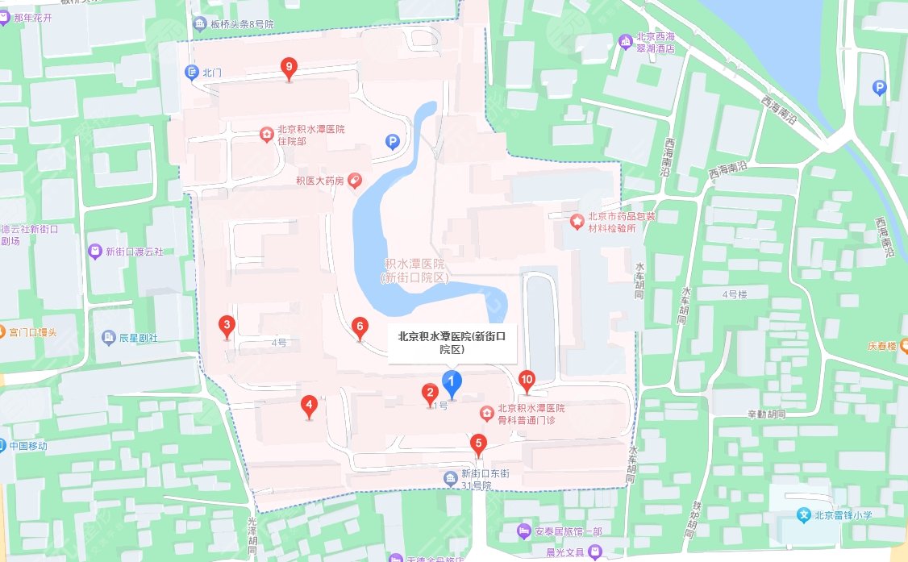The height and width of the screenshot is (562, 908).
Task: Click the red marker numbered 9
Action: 288,69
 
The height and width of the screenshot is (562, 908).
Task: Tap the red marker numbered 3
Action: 227,327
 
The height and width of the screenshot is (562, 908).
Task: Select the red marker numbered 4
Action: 308,406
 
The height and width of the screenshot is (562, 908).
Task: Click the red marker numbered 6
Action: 360,327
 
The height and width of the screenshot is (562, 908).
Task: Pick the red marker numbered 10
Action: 527,379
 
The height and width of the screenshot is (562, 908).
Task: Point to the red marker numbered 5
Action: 479,443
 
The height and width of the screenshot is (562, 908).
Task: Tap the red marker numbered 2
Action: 431,393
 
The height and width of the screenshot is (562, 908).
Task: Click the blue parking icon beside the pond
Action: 393,142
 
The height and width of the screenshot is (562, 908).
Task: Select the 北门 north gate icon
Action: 192,73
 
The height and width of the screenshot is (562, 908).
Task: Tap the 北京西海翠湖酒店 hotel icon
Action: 625,40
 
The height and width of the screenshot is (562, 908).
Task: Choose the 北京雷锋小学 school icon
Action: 803,514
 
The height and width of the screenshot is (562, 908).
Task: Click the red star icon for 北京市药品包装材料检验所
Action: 577,220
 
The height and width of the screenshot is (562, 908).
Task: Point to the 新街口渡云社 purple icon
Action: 95,252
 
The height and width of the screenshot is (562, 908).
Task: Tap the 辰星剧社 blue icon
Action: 107,337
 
